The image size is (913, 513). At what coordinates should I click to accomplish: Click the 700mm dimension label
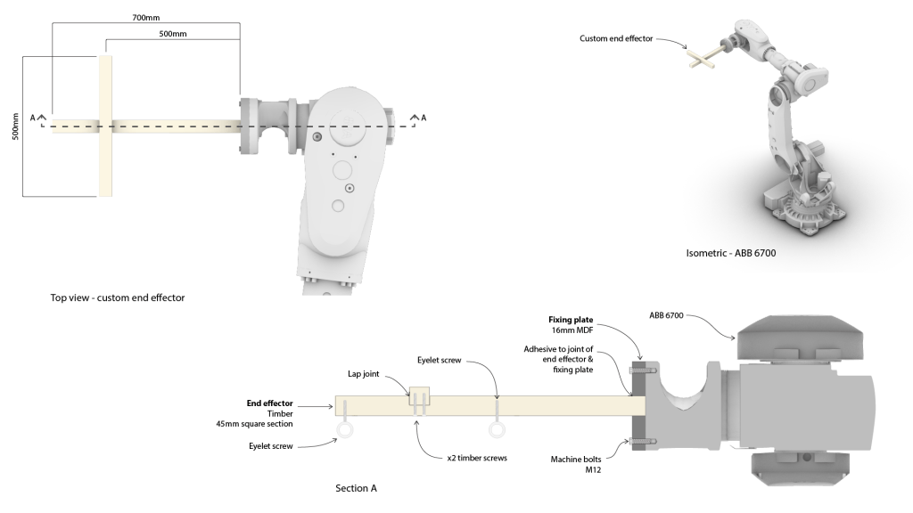(145, 17)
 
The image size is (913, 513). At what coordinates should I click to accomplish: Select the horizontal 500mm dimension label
(172, 34)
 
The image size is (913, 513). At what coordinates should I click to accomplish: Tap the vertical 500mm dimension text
(15, 124)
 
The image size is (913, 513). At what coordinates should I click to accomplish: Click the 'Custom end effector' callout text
(616, 38)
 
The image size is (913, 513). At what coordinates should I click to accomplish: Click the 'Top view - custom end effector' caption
(118, 297)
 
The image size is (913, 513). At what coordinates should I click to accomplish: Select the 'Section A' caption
(356, 488)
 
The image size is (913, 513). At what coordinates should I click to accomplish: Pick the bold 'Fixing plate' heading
(571, 319)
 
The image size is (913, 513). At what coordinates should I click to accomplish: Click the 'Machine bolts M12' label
(576, 464)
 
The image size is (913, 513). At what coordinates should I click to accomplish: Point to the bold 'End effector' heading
(269, 403)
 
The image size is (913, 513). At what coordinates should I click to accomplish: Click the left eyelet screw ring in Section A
(344, 432)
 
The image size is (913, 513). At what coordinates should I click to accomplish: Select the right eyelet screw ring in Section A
(497, 430)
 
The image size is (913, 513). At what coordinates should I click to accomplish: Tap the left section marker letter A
(33, 118)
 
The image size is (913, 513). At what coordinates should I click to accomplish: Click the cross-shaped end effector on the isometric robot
(704, 58)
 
